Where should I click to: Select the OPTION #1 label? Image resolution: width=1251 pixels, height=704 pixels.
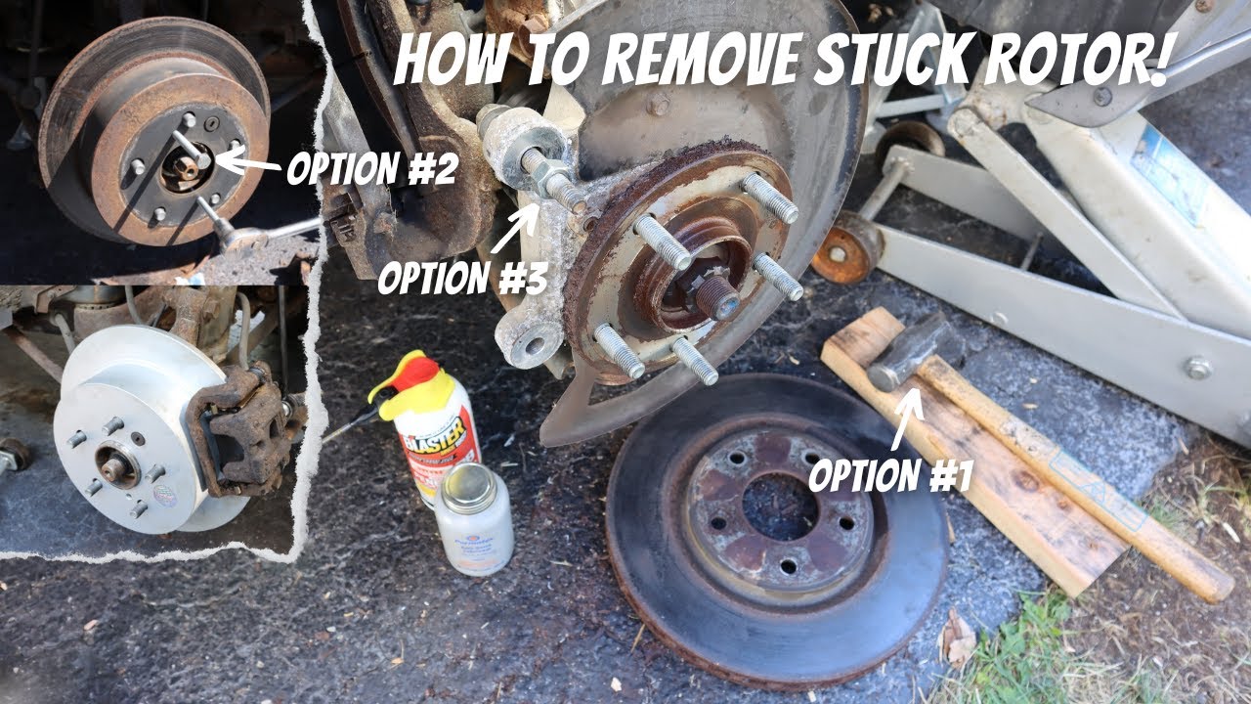click(x=890, y=475)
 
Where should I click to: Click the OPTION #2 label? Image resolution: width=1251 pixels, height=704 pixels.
click(x=371, y=169)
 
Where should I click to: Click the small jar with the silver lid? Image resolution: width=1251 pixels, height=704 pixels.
click(x=473, y=517)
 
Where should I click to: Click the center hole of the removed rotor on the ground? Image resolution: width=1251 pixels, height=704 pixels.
click(x=779, y=506)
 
